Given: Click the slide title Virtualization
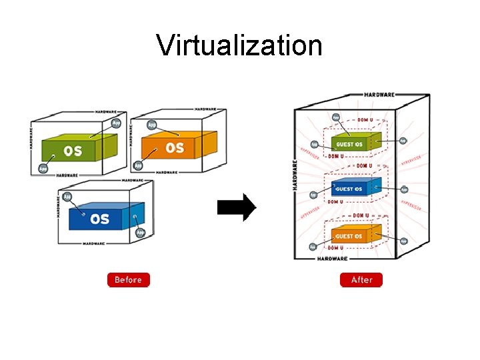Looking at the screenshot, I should [239, 45].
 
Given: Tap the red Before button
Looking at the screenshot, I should [129, 280].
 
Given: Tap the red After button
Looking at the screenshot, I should [361, 280].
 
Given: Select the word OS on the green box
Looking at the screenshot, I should [73, 151].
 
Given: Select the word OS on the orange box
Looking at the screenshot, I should [174, 147].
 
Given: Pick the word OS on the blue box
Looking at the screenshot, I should [99, 219].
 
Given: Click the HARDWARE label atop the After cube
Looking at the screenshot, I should [379, 95].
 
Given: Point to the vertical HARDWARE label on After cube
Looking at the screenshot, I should [295, 175].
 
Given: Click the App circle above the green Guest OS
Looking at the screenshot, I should [336, 117].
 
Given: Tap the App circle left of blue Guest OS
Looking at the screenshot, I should [313, 195].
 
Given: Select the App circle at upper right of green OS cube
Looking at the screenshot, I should [116, 123].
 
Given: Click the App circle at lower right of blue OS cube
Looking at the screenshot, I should [140, 233].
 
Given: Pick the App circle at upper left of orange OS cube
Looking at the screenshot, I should [151, 124].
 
